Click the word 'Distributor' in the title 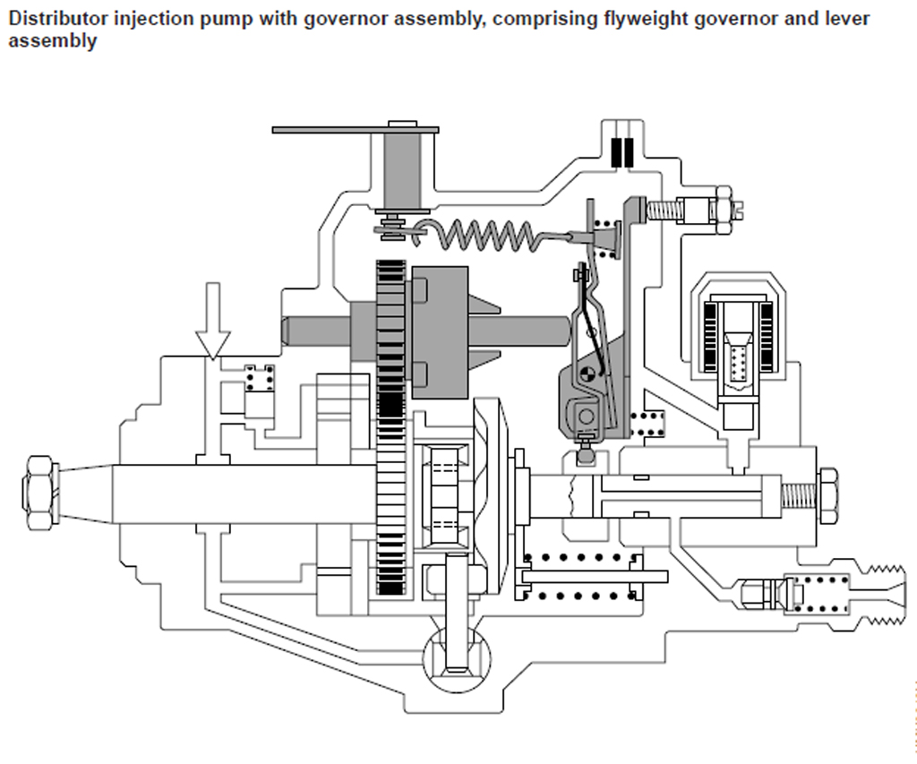pyautogui.click(x=52, y=18)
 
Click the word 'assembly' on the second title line pyautogui.click(x=52, y=41)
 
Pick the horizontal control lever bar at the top pyautogui.click(x=355, y=130)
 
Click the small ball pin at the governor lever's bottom pyautogui.click(x=587, y=455)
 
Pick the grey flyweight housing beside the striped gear pyautogui.click(x=439, y=331)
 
